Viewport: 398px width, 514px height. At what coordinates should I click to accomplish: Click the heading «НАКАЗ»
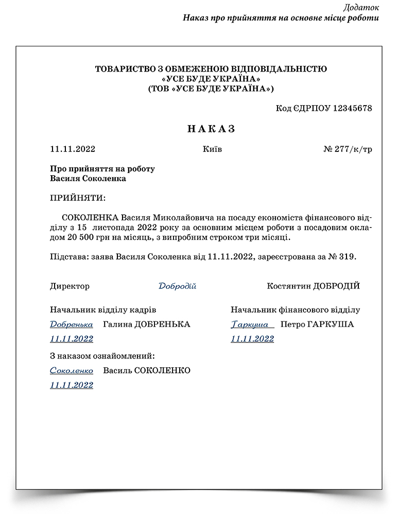[x=211, y=129]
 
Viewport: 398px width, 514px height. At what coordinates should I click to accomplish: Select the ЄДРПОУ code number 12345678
[x=347, y=108]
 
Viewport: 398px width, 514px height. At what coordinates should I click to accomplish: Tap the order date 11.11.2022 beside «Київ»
[x=73, y=149]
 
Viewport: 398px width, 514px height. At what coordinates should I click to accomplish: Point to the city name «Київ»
[x=213, y=149]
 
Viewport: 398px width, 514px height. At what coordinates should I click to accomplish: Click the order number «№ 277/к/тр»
[x=348, y=149]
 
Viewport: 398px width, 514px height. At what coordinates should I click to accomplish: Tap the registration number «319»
[x=347, y=256]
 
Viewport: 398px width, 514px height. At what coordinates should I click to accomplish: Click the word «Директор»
[x=70, y=286]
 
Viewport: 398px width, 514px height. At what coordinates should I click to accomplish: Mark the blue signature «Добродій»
[x=177, y=286]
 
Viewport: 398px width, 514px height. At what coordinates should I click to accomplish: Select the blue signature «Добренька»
[x=72, y=324]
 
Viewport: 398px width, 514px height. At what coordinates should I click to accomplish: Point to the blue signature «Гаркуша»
[x=251, y=324]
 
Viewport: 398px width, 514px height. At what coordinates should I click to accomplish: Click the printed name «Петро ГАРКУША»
[x=317, y=324]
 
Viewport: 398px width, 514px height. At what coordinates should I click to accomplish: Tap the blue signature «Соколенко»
[x=72, y=371]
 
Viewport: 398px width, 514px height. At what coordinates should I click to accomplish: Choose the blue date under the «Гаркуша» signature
[x=252, y=339]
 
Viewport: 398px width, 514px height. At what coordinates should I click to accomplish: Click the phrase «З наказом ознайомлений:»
[x=102, y=356]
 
